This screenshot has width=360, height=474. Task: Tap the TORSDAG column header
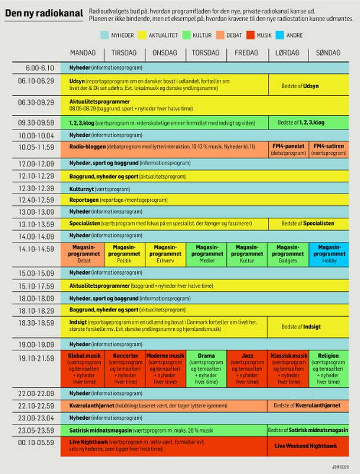[x=206, y=53]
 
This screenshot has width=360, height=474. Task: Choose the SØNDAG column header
[x=328, y=53]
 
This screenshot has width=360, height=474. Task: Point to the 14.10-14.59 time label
[x=36, y=249]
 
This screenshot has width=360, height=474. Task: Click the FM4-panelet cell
[x=288, y=149]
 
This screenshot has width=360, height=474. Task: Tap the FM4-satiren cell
[x=328, y=149]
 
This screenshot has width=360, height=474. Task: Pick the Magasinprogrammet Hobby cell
[x=328, y=254]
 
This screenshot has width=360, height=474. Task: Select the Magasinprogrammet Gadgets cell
[x=288, y=254]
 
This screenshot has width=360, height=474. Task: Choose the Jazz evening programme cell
[x=247, y=368]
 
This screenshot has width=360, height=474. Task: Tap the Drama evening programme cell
[x=206, y=368]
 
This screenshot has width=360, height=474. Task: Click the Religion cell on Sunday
[x=328, y=368]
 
